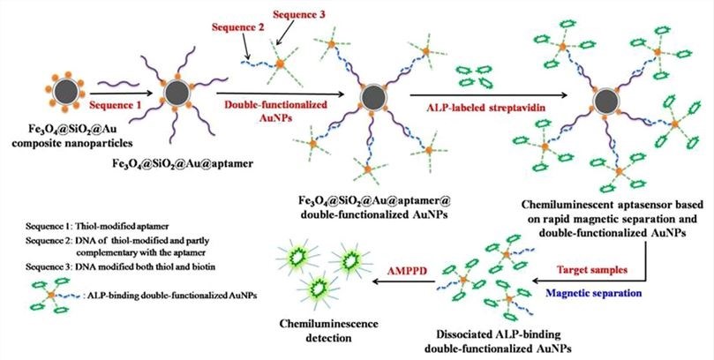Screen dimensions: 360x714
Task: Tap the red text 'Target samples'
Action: (591, 264)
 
